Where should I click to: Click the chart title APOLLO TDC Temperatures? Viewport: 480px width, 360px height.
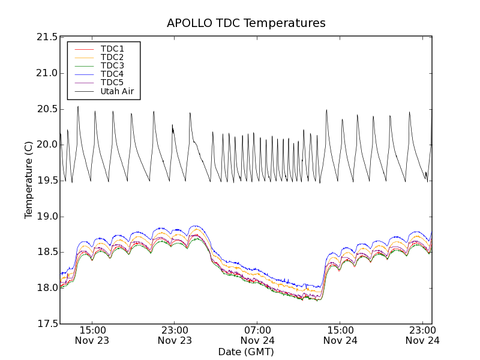coord(246,23)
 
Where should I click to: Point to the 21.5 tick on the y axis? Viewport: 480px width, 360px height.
coord(47,37)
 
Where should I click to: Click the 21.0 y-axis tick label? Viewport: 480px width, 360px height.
coord(47,73)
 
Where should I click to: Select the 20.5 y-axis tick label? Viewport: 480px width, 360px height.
coord(47,109)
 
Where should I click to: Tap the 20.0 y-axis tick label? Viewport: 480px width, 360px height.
coord(47,145)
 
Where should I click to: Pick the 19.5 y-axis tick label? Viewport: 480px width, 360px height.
coord(47,181)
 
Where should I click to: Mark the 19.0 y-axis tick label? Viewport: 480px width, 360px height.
coord(47,217)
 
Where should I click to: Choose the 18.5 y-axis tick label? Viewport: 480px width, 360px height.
coord(47,252)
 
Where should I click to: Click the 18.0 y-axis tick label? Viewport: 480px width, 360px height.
coord(47,288)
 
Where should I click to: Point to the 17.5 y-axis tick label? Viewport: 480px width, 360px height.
coord(47,324)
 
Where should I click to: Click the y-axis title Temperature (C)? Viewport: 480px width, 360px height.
coord(29,180)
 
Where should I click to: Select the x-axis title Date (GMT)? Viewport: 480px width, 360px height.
coord(246,352)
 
